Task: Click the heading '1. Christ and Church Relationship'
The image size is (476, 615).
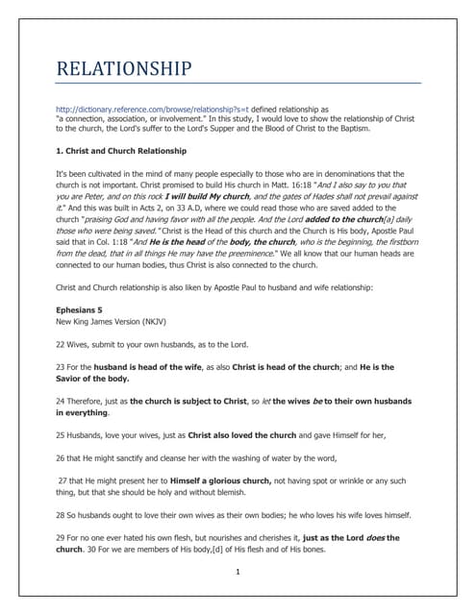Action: (x=121, y=151)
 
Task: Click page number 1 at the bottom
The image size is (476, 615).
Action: (x=238, y=572)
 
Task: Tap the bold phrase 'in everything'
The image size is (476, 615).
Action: (x=82, y=412)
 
